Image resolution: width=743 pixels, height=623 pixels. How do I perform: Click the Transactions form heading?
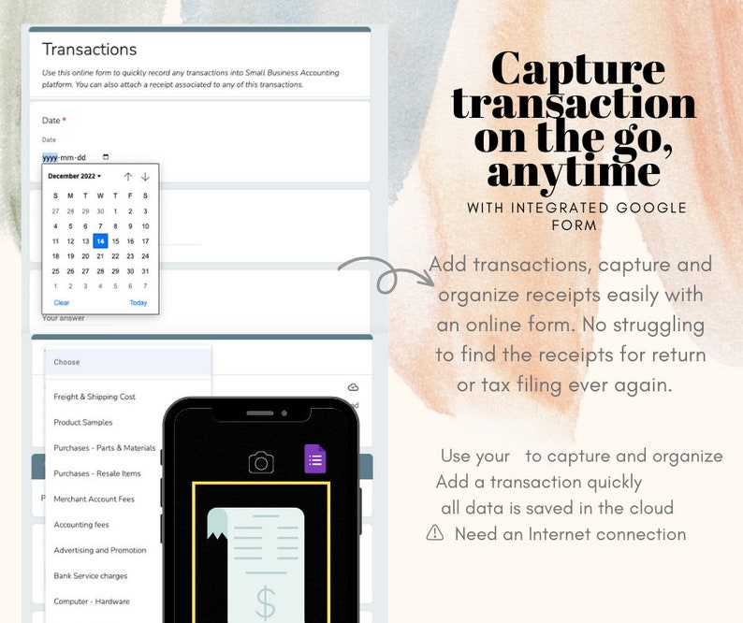(x=89, y=50)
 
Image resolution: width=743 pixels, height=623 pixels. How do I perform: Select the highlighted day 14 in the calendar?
(x=100, y=241)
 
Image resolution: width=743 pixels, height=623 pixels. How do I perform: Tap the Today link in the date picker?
(x=138, y=302)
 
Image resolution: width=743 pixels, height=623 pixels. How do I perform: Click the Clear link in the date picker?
(x=62, y=302)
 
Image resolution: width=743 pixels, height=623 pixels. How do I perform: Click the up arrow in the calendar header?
(x=128, y=177)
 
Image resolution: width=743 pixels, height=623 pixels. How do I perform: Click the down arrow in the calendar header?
(x=145, y=177)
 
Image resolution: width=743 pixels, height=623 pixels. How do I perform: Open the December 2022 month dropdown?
(x=75, y=176)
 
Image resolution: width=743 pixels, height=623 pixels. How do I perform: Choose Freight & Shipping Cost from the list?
(x=95, y=397)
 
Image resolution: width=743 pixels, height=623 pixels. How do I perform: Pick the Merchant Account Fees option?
(x=94, y=500)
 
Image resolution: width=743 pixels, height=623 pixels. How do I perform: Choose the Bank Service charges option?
(x=91, y=576)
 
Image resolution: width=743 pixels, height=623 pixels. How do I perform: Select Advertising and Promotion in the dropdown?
(x=100, y=550)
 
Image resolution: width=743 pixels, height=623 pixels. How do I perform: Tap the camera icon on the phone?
(x=261, y=462)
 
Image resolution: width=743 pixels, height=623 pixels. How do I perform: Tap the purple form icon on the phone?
(x=315, y=459)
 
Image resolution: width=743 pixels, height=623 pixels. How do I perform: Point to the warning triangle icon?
(x=435, y=533)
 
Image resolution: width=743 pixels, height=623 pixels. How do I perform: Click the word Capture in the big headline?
(x=578, y=70)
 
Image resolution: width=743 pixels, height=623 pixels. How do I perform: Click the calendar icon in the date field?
(x=106, y=157)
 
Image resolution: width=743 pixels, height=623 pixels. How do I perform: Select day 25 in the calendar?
(x=55, y=271)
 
